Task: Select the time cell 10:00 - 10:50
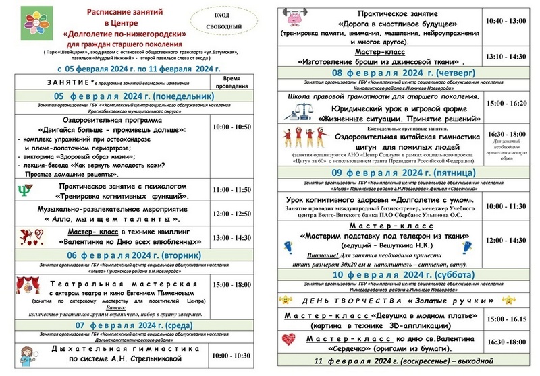[x=231, y=127]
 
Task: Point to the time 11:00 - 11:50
[x=231, y=191]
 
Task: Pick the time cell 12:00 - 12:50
[x=231, y=214]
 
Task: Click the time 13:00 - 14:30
[x=231, y=237]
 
